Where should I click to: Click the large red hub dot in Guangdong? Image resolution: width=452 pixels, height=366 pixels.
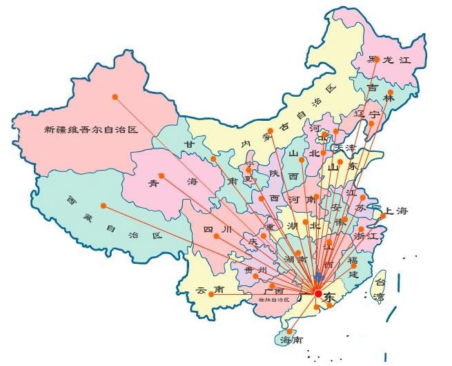coord(317,294)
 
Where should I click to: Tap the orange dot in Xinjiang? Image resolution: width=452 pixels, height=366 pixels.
coord(115,97)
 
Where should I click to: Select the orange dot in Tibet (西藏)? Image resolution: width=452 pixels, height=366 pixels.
coord(104,206)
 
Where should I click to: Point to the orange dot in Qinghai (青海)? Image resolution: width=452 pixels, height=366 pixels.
coord(161,175)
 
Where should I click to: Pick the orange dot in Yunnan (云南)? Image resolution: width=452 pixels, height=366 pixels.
coord(211,314)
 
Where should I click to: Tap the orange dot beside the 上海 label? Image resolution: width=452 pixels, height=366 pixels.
coord(380,217)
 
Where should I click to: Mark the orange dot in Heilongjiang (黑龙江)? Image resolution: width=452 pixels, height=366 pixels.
coord(376,59)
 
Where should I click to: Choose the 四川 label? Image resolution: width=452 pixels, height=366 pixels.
coord(213,229)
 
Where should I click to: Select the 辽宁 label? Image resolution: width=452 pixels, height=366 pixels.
coord(366,113)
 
